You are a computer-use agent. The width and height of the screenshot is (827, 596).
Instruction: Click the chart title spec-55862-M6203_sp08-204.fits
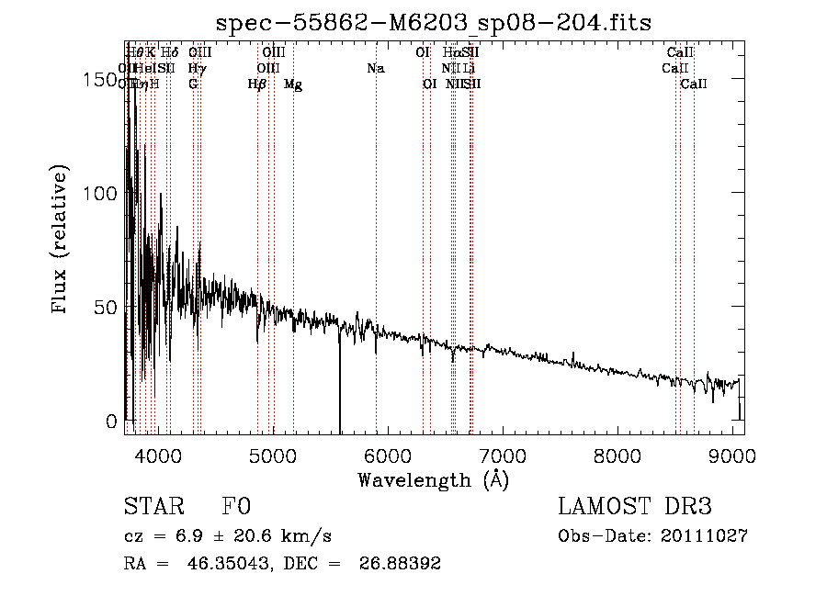434,22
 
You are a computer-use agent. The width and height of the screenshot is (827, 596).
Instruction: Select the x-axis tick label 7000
502,456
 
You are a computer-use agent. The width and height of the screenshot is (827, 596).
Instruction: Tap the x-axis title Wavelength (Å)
433,479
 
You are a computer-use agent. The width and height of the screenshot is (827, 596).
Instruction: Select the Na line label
375,68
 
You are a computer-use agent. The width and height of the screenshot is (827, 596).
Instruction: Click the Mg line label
293,84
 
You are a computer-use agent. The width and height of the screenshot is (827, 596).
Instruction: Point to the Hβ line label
257,84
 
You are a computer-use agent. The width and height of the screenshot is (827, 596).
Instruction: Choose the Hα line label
451,52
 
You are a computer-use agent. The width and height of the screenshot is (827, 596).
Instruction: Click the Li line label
469,68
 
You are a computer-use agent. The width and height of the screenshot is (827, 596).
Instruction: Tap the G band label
193,84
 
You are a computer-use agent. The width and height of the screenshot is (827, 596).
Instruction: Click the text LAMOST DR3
635,507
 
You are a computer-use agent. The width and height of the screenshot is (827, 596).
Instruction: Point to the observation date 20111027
708,535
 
